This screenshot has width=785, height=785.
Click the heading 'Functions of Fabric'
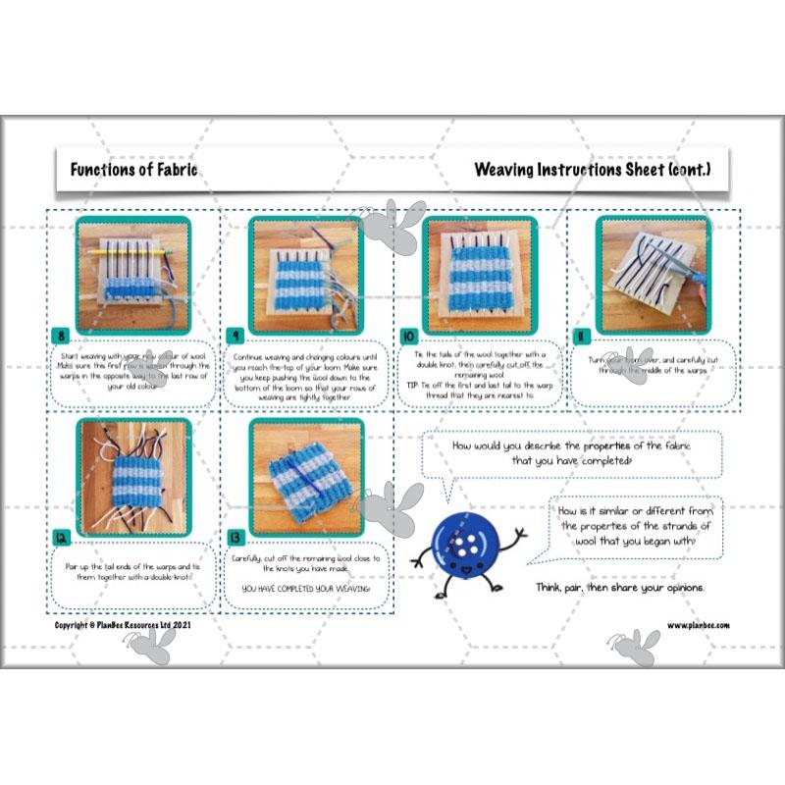coord(133,169)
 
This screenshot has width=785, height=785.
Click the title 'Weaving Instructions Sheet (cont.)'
coord(592,169)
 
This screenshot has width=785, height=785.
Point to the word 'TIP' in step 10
coord(414,386)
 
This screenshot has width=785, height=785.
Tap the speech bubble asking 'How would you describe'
coord(571,453)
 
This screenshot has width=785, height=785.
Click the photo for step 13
coord(306,475)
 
